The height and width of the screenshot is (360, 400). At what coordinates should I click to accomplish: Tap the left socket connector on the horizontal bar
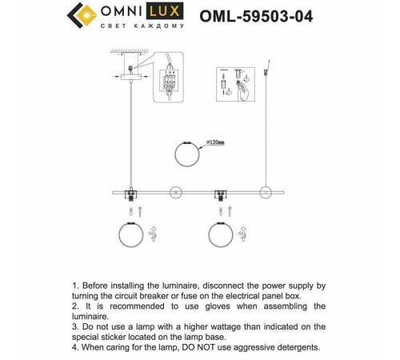coord(129,193)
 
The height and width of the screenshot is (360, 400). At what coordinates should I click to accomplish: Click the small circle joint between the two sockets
coord(174,192)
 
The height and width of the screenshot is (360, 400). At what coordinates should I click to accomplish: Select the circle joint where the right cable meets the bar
coord(263,192)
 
